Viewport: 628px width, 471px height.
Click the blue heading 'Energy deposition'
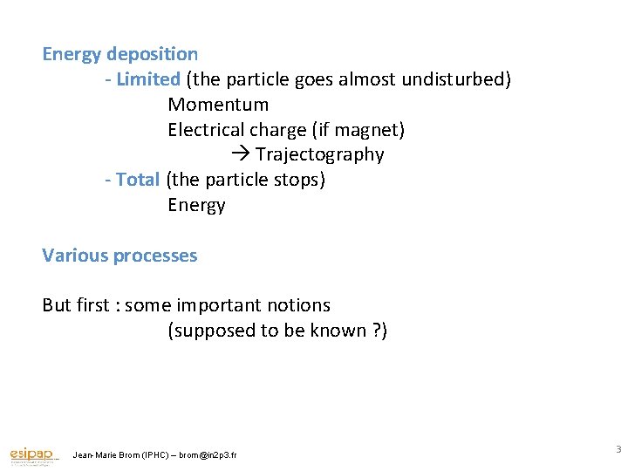point(120,54)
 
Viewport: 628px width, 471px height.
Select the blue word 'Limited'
point(147,79)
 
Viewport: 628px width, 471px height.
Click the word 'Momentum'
point(218,105)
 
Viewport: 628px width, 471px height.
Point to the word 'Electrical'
point(206,130)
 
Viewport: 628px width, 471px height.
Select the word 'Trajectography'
point(319,155)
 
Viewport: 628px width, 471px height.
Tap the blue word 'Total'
point(137,180)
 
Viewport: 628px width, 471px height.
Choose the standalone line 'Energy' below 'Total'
point(196,205)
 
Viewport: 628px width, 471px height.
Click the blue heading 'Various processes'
point(119,256)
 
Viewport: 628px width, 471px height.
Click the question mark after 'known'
point(377,331)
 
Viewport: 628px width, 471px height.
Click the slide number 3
point(618,450)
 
